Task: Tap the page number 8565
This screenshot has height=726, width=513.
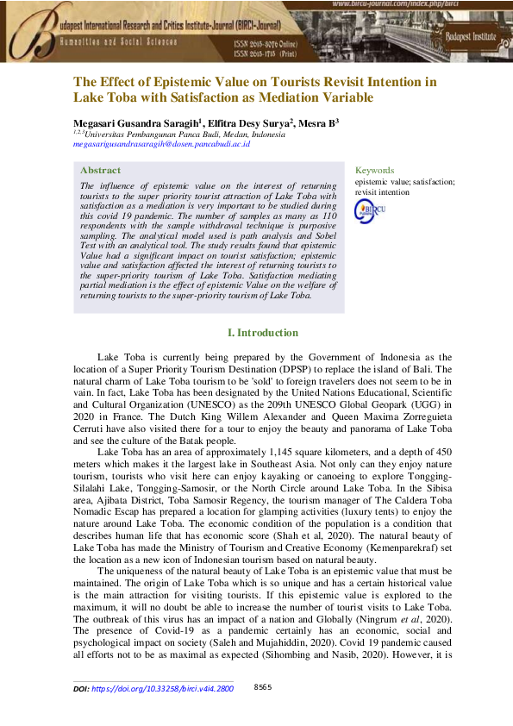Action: [263, 687]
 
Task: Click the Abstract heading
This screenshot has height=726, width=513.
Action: [100, 171]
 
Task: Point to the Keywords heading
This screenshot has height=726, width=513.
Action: [374, 171]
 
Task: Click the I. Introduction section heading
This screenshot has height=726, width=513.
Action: [262, 333]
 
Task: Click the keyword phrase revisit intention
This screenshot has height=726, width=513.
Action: [385, 192]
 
